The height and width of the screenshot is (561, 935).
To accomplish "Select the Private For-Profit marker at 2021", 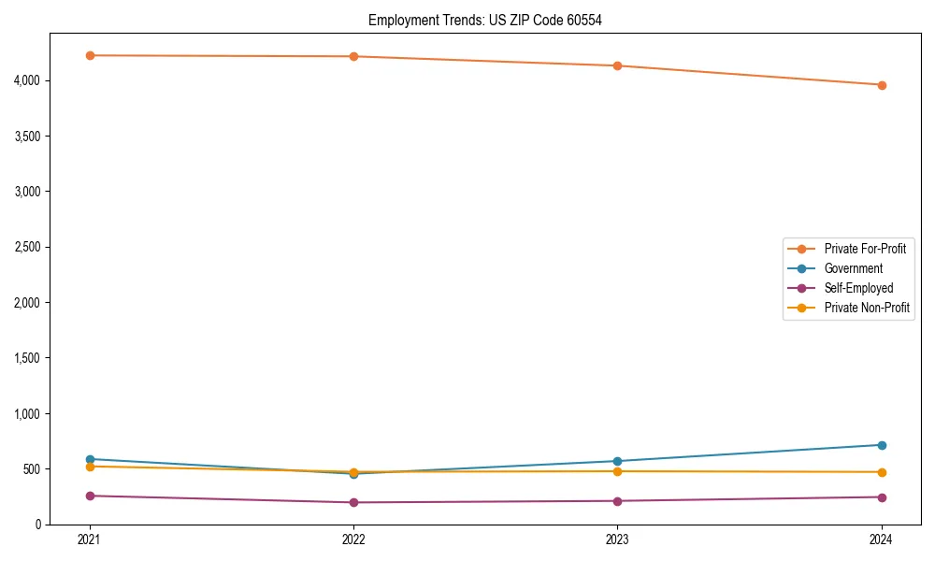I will point(90,55).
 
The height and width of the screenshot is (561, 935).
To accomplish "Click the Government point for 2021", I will point(90,459).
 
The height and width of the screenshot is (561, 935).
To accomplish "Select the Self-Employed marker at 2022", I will point(353,502).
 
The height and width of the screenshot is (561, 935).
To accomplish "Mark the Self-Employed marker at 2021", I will point(90,496).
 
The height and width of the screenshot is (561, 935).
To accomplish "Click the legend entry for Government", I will point(853,268).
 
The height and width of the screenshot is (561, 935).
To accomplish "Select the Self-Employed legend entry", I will point(858,288).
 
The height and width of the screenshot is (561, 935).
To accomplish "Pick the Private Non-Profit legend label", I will point(867,308).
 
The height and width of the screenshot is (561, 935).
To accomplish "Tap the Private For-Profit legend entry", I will point(865,249).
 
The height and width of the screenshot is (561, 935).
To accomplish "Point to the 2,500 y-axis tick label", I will point(29,247).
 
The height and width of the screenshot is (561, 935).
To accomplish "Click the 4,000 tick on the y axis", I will point(29,80).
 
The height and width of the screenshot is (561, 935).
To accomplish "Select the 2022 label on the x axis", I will point(353,539).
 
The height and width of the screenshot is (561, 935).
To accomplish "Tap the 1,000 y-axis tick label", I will point(29,413).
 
